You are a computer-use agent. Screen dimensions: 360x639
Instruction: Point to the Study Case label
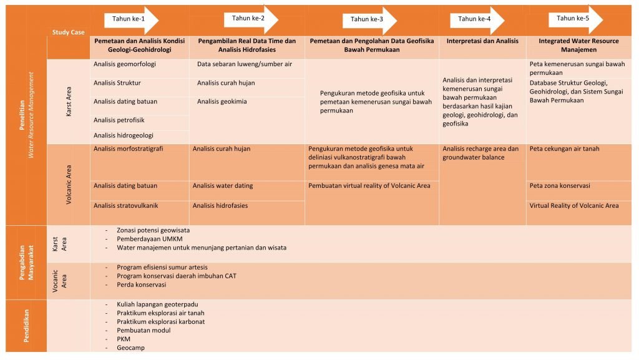[x=69, y=32]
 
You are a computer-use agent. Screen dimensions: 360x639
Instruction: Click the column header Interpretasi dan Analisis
[x=482, y=41]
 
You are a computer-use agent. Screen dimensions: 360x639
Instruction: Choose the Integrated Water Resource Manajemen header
[x=578, y=45]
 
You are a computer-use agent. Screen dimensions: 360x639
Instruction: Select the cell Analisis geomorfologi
[x=125, y=64]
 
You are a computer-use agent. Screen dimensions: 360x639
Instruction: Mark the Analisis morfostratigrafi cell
[x=129, y=149]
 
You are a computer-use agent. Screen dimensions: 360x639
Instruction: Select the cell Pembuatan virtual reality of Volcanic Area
[x=369, y=186]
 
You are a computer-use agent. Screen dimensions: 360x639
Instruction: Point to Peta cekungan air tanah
[x=564, y=149]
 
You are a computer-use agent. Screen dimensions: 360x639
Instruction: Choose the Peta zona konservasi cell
[x=560, y=186]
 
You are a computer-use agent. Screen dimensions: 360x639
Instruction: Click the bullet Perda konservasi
[x=141, y=285]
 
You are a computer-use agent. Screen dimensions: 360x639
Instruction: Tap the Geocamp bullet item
[x=130, y=348]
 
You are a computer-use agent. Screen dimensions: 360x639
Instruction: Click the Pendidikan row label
[x=26, y=325]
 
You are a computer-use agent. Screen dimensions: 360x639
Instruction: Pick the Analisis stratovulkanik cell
[x=125, y=206]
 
